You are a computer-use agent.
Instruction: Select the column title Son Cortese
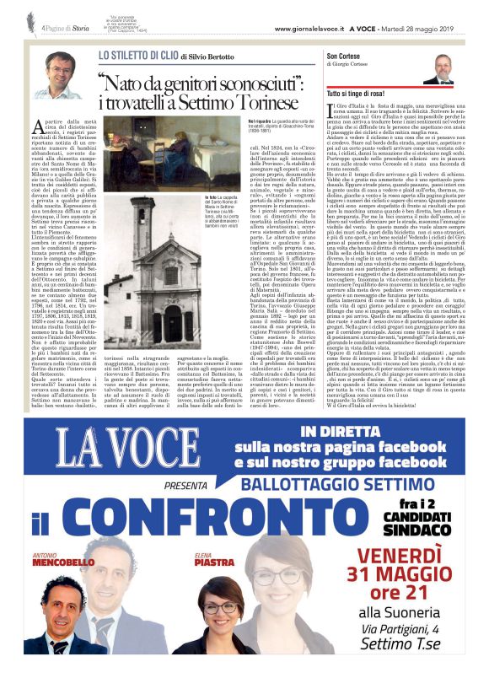343,56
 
